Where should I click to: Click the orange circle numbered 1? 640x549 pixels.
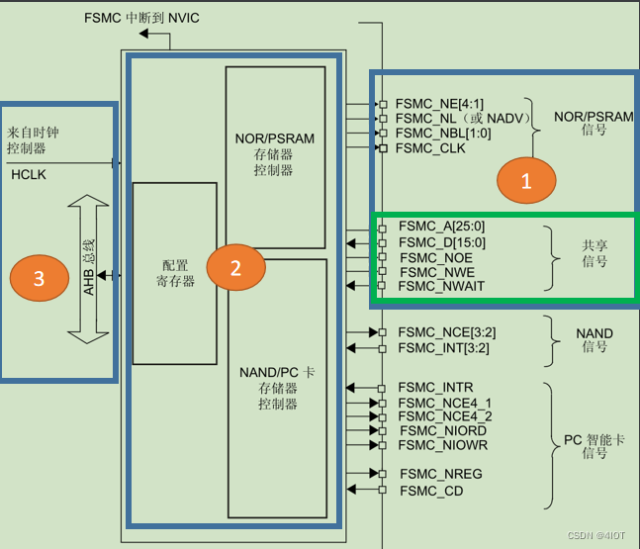[526, 180]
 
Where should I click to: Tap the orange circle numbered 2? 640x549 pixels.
[235, 268]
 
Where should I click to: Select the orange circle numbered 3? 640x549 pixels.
[39, 279]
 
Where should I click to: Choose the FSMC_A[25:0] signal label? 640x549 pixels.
[441, 227]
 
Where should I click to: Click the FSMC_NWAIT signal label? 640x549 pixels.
[441, 286]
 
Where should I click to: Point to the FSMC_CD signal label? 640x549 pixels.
[431, 490]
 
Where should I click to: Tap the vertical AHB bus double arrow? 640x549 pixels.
[86, 268]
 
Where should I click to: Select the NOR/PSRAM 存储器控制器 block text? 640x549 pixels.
[274, 153]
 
